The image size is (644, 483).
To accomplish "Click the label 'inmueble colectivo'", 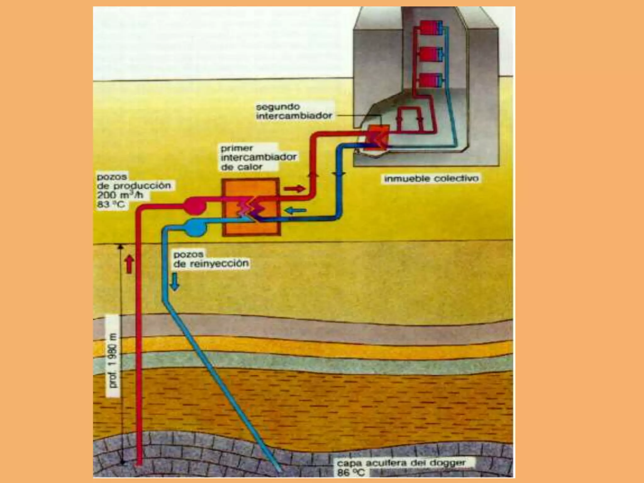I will pyautogui.click(x=431, y=179).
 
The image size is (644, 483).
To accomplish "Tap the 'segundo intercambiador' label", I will pyautogui.click(x=294, y=111).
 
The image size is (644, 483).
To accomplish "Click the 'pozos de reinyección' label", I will pyautogui.click(x=211, y=259).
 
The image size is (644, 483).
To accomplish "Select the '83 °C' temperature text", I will pyautogui.click(x=111, y=205).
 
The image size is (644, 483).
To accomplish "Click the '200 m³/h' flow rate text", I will pyautogui.click(x=120, y=195).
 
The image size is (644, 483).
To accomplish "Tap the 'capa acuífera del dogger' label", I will pyautogui.click(x=401, y=463).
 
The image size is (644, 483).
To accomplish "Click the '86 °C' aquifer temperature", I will pyautogui.click(x=351, y=473).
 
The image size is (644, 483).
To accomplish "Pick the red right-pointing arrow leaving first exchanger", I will pyautogui.click(x=294, y=189).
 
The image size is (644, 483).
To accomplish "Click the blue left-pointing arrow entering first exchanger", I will pyautogui.click(x=296, y=210).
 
